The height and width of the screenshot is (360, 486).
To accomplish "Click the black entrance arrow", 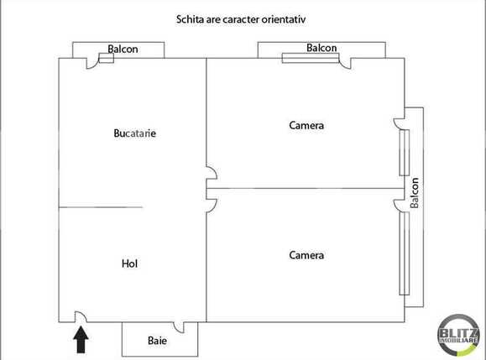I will [81, 339].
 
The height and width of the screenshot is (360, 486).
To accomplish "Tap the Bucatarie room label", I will [135, 133].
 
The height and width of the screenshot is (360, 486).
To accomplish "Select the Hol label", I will [129, 263].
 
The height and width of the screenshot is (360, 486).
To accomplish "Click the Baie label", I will [157, 342].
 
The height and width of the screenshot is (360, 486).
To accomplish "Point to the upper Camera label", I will [306, 126].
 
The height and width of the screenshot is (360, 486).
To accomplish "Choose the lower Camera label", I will [306, 255].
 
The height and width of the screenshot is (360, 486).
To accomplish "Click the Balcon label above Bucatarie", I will [123, 50].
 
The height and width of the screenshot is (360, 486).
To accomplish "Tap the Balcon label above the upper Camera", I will [321, 48].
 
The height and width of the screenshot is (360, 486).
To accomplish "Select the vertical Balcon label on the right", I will [414, 194].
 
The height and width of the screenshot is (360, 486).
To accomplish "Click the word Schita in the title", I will [191, 18].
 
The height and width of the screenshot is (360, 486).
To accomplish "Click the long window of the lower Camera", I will [405, 252].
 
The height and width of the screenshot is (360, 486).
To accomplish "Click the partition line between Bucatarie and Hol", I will [101, 206].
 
